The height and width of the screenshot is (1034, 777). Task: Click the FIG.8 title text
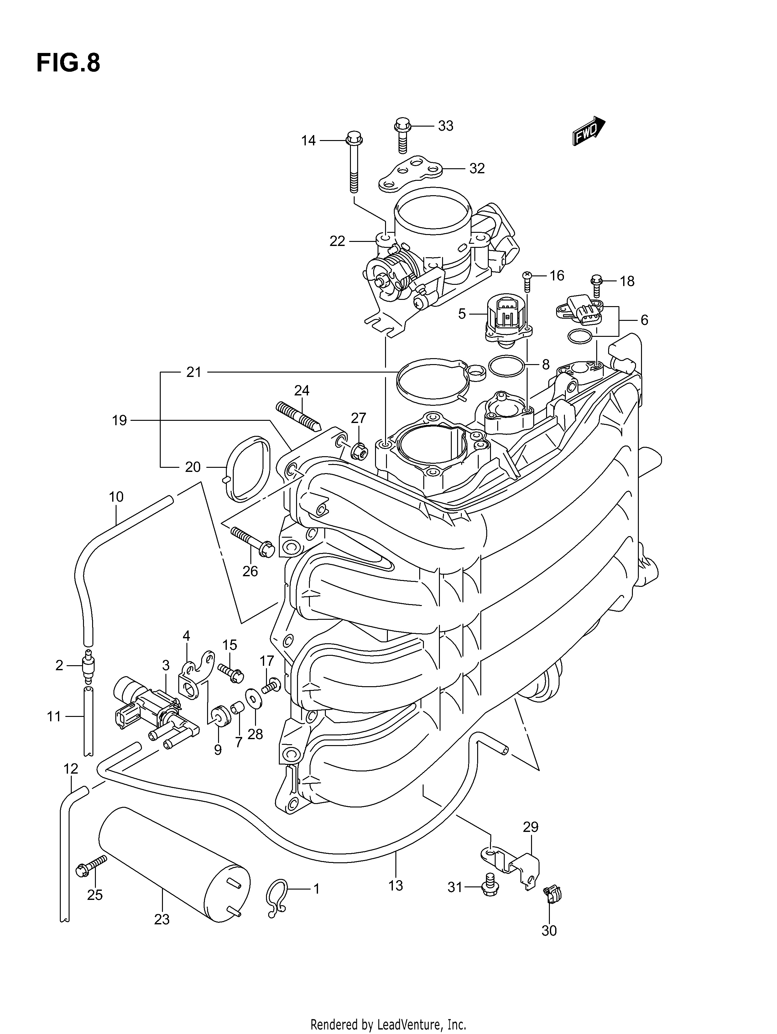coord(68,63)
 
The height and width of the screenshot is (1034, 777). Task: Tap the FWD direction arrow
coord(589,131)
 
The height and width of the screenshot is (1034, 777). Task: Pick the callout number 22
coord(337,241)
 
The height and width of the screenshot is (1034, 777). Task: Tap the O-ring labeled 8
coord(506,366)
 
